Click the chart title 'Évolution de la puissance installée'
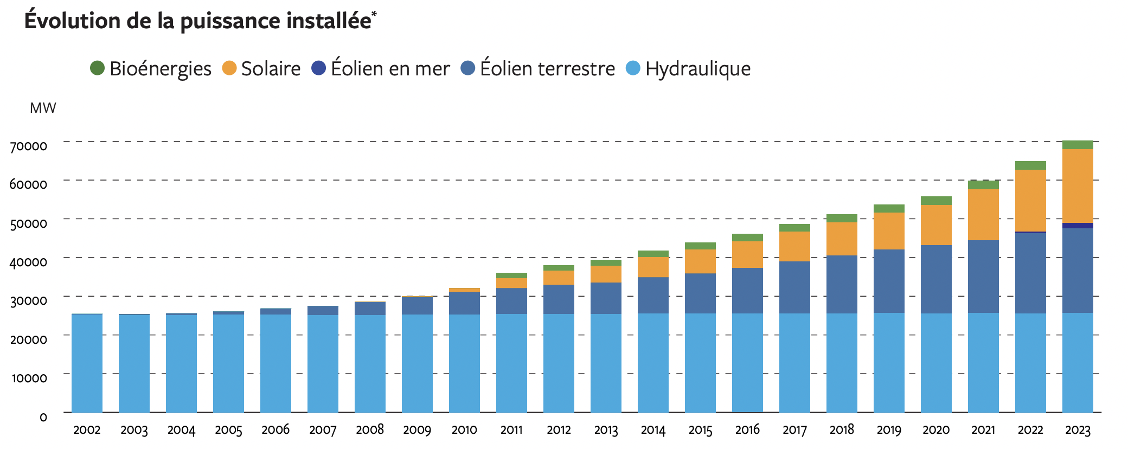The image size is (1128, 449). pyautogui.click(x=198, y=21)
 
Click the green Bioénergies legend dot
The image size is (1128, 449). pyautogui.click(x=97, y=68)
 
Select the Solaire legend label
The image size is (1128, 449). pyautogui.click(x=271, y=69)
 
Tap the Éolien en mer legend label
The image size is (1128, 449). pyautogui.click(x=390, y=69)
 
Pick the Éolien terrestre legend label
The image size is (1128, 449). pyautogui.click(x=547, y=69)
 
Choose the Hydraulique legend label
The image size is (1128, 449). pyautogui.click(x=698, y=69)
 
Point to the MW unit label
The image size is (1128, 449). pyautogui.click(x=43, y=108)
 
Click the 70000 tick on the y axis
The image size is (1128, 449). pyautogui.click(x=29, y=146)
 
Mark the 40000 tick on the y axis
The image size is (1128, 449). pyautogui.click(x=29, y=262)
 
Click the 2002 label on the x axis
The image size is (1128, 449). pyautogui.click(x=87, y=430)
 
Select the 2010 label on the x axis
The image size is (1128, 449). pyautogui.click(x=464, y=430)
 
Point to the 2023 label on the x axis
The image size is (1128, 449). pyautogui.click(x=1078, y=430)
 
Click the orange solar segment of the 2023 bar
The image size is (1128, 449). pyautogui.click(x=1078, y=185)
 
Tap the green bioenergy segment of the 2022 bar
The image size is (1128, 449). pyautogui.click(x=1030, y=165)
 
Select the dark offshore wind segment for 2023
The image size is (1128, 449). pyautogui.click(x=1078, y=226)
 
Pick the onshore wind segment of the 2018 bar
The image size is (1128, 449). pyautogui.click(x=842, y=284)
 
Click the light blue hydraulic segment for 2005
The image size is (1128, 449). pyautogui.click(x=228, y=363)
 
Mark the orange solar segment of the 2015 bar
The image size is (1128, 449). pyautogui.click(x=700, y=261)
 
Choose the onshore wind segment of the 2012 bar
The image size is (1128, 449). pyautogui.click(x=559, y=299)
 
